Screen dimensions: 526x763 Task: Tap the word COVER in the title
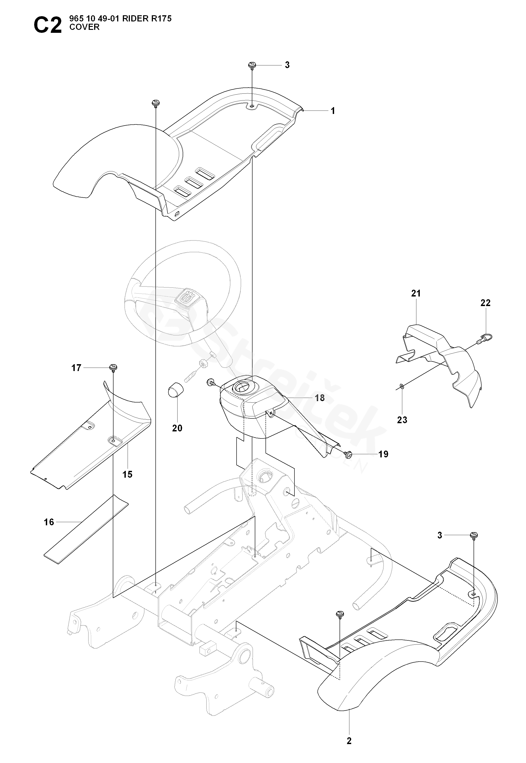84,27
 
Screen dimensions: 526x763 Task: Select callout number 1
333,111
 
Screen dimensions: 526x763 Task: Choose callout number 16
49,522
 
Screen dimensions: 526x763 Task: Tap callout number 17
76,368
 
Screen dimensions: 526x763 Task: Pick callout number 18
320,398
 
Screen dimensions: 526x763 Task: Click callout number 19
383,454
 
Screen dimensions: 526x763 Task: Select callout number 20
177,428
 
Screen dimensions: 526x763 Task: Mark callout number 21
416,293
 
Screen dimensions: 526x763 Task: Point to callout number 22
485,303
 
